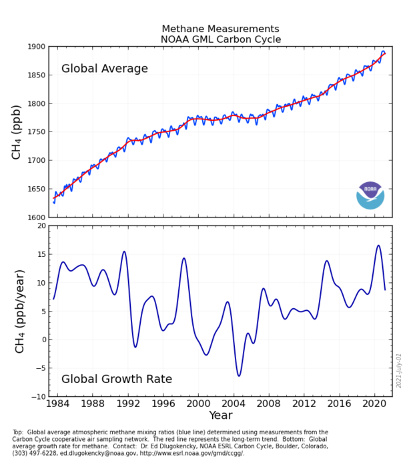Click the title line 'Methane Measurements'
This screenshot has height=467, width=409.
point(220,29)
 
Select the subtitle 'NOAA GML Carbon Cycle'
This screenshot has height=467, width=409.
point(220,40)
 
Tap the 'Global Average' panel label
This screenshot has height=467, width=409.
point(105,69)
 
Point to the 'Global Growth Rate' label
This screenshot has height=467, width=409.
point(117,379)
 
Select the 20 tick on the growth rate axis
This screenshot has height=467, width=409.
point(40,225)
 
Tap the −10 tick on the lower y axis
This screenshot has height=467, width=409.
point(37,397)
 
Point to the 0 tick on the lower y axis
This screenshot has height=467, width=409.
point(43,340)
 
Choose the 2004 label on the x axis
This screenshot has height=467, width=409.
point(233,404)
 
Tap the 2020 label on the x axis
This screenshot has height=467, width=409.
point(374,404)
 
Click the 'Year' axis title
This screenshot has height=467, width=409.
point(220,416)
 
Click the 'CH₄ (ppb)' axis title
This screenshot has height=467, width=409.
point(17,132)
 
